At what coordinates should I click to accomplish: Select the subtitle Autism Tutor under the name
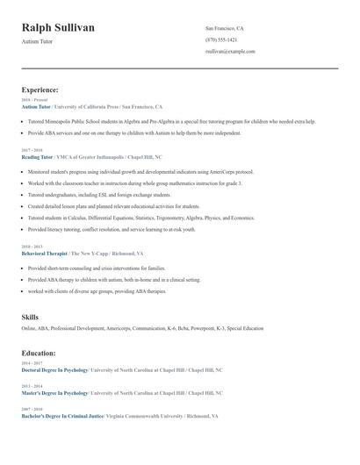tap(39, 42)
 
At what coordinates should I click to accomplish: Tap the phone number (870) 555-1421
tap(221, 39)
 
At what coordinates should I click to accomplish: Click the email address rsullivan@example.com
tap(230, 51)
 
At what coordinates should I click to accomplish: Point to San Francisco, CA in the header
tap(225, 28)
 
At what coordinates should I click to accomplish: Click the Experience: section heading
tap(40, 89)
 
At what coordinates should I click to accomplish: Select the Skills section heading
tap(30, 316)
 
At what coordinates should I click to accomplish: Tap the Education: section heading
tap(39, 353)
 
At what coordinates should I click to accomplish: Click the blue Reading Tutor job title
tap(38, 156)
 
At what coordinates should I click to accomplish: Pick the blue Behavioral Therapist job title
tap(44, 254)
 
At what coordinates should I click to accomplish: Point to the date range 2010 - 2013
tap(32, 247)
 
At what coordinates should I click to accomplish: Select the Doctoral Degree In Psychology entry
tap(54, 369)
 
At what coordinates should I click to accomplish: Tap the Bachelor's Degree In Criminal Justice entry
tap(62, 415)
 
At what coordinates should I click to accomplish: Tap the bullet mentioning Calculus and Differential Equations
tap(140, 217)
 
